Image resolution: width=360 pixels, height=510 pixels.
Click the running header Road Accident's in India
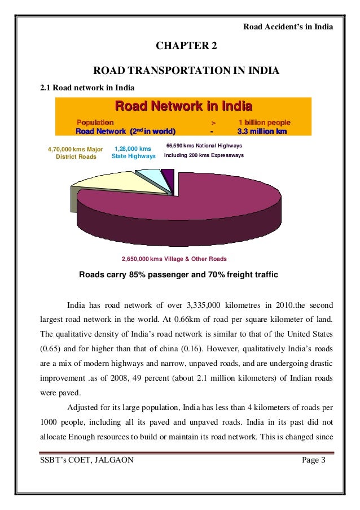click(288, 26)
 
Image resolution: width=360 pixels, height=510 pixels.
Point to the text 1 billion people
click(265, 122)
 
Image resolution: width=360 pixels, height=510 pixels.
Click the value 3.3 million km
click(263, 132)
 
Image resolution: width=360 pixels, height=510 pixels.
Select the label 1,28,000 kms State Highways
click(132, 152)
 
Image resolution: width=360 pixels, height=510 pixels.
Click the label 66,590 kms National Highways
click(204, 146)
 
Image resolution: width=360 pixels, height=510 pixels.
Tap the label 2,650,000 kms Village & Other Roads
click(174, 259)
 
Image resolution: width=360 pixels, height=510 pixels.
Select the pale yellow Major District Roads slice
click(107, 184)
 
